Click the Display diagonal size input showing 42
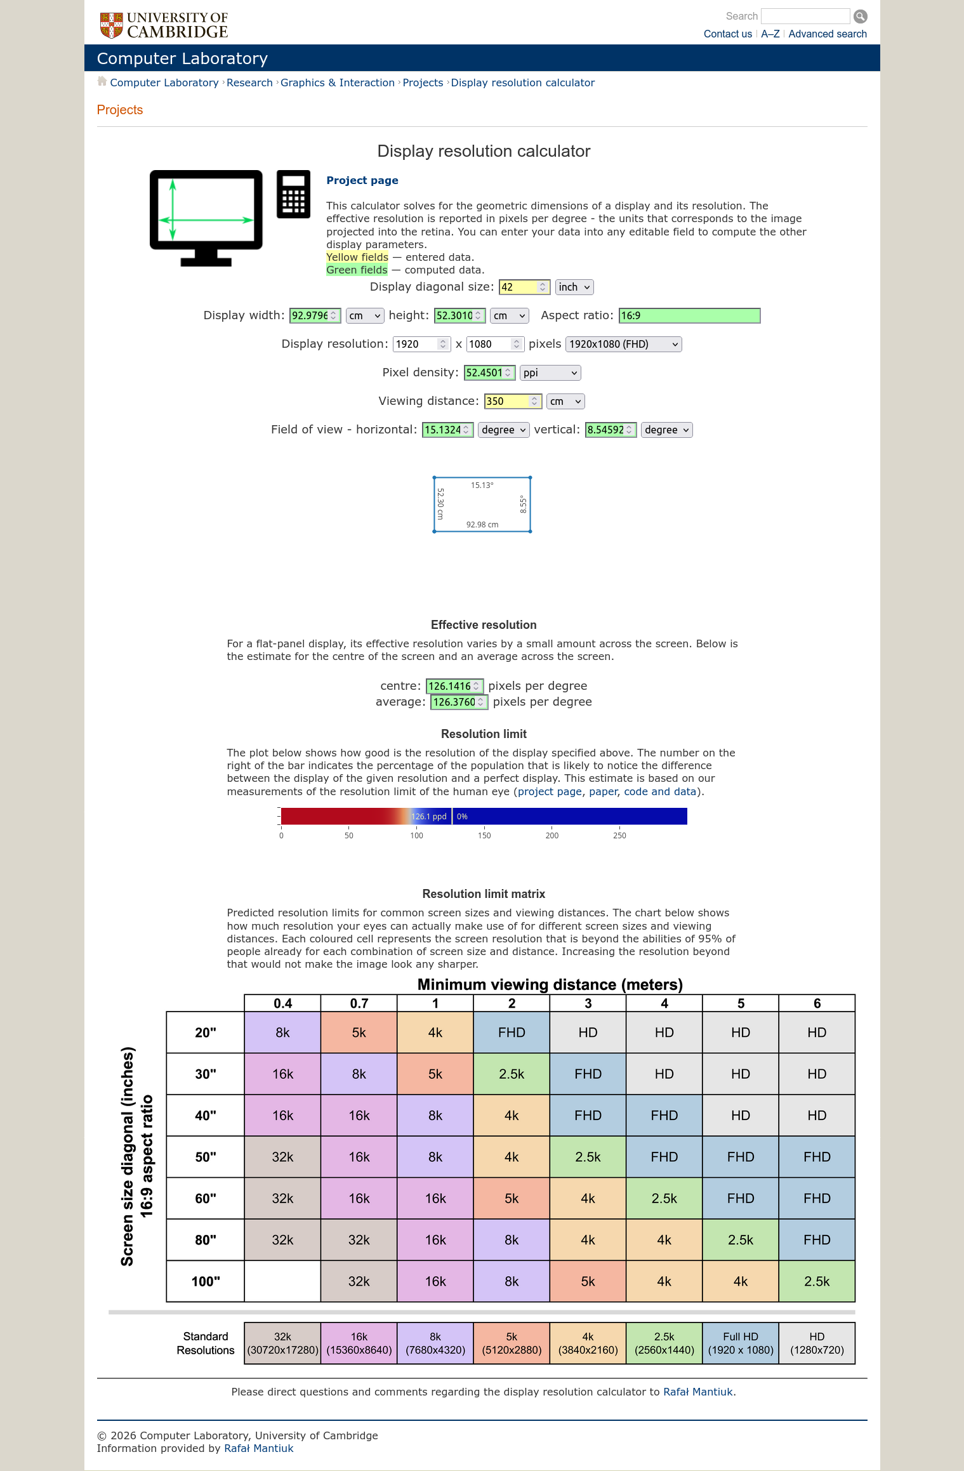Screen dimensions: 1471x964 (518, 287)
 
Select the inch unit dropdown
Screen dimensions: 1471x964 (574, 287)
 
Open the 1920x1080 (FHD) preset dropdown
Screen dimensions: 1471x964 (623, 345)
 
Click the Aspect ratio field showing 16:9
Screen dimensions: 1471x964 (689, 316)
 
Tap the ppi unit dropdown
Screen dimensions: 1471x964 (550, 373)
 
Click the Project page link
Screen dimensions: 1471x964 (362, 180)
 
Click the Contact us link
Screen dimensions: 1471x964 (727, 34)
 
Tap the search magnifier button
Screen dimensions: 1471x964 (861, 16)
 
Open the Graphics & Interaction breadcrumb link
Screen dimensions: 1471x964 (338, 82)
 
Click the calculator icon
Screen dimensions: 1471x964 (293, 194)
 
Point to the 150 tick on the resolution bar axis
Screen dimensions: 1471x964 (484, 836)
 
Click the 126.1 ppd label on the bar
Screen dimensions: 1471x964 (429, 817)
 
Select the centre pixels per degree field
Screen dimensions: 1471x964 (449, 686)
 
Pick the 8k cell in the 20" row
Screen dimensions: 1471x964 (282, 1032)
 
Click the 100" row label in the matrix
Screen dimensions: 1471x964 (206, 1281)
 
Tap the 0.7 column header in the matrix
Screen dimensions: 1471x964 (359, 1003)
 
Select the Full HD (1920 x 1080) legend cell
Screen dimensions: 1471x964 (741, 1343)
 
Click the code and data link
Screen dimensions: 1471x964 (660, 792)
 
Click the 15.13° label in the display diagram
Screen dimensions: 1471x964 (482, 485)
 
